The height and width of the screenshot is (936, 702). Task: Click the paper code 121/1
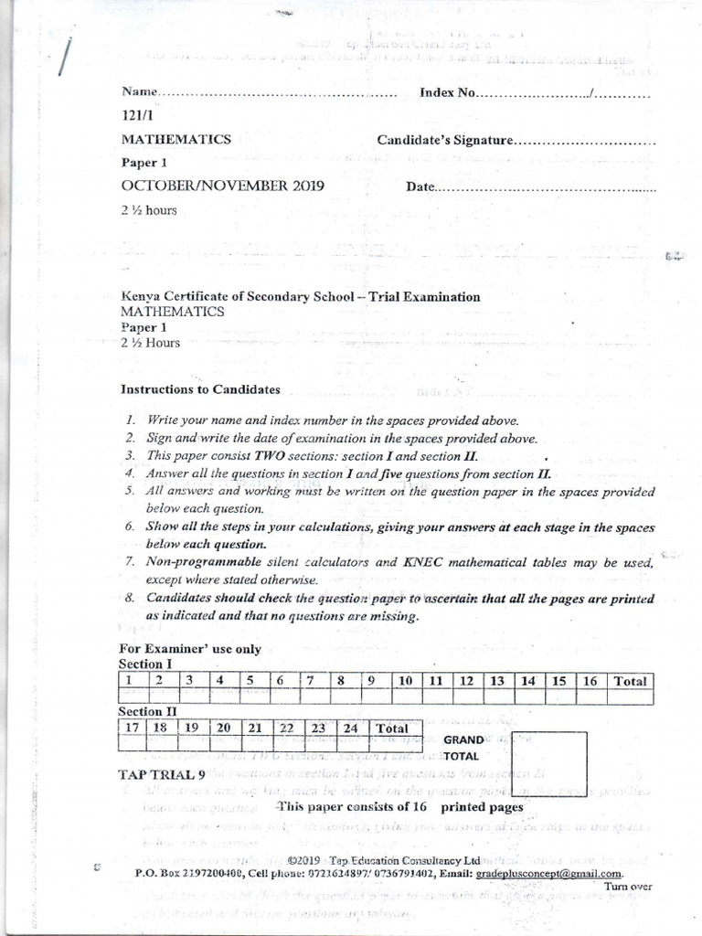click(135, 116)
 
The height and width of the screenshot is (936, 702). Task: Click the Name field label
click(138, 93)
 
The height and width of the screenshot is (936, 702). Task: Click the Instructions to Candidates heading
click(200, 389)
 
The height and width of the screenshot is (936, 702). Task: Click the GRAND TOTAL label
click(463, 748)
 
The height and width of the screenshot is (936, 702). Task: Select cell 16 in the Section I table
click(590, 681)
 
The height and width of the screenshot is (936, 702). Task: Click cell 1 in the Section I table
click(130, 681)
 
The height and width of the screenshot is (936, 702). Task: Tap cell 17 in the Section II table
click(133, 729)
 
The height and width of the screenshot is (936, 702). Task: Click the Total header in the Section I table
click(630, 681)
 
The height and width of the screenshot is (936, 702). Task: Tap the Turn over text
click(628, 887)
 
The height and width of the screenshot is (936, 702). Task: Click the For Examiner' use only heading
click(190, 649)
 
